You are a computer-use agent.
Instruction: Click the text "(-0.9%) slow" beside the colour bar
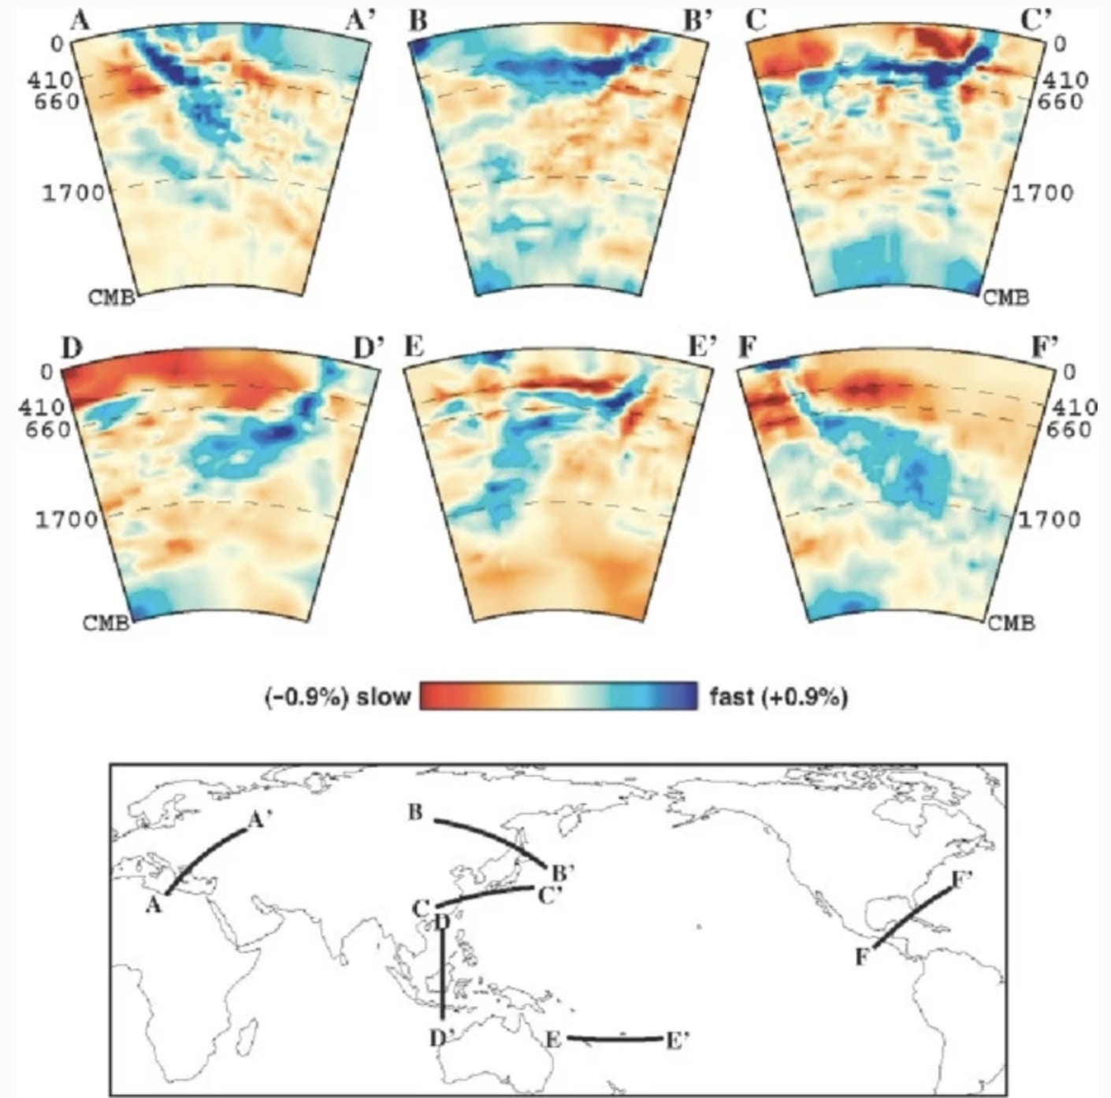point(337,697)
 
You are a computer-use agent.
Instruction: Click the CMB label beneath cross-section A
point(111,298)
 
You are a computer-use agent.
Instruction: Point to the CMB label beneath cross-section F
point(1011,623)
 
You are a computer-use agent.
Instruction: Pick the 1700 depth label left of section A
point(72,193)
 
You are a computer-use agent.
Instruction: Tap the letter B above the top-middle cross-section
point(418,20)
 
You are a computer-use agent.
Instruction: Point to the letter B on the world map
point(415,812)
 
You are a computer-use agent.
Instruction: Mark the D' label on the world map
point(440,1039)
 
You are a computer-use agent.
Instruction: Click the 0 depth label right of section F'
point(1068,371)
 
